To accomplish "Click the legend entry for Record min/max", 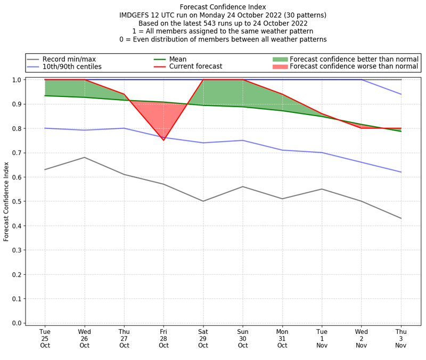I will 69,59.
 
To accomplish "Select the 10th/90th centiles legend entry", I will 72,67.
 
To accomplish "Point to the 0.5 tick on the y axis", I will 17,202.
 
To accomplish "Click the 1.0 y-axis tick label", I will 17,80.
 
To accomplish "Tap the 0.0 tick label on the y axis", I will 17,323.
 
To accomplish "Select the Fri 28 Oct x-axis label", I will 163,338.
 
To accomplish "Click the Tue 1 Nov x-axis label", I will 322,338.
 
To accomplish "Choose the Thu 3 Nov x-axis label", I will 401,338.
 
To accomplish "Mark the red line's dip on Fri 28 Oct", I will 163,140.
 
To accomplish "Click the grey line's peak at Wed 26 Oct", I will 85,157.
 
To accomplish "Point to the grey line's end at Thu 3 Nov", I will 401,218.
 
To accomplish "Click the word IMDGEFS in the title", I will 137,16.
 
